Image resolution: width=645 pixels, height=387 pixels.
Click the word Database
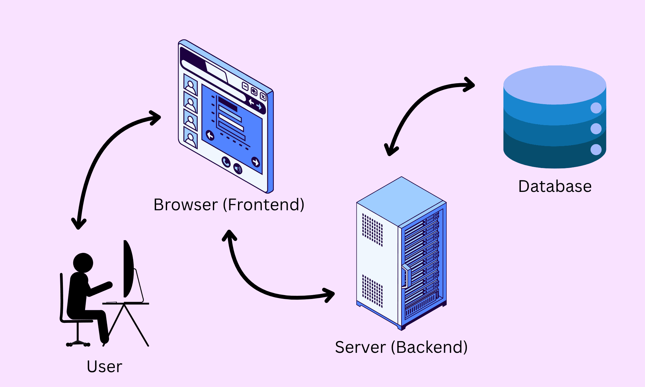coord(555,186)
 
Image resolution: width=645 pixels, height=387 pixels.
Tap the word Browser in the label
coord(185,205)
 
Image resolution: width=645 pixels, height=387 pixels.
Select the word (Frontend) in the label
coord(263,205)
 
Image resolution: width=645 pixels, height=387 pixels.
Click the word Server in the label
coord(360,347)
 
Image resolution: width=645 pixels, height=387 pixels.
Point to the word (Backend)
coord(429,347)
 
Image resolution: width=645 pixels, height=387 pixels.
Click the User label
coord(104,367)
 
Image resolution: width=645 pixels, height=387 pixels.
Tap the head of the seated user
coord(83,263)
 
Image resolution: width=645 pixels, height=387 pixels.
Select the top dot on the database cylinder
coord(596,108)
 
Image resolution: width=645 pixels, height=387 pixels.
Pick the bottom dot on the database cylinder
coord(596,150)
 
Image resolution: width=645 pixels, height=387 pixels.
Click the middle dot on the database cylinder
coord(596,129)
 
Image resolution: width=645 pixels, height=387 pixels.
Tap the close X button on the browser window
coord(263,97)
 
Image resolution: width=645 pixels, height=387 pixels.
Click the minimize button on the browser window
coord(245,86)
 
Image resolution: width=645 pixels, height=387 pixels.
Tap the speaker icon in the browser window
coord(238,168)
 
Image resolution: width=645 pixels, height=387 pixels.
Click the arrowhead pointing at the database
coord(470,85)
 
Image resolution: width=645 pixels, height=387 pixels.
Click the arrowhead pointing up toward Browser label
coord(229,235)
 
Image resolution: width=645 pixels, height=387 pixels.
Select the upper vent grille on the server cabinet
coord(372,230)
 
